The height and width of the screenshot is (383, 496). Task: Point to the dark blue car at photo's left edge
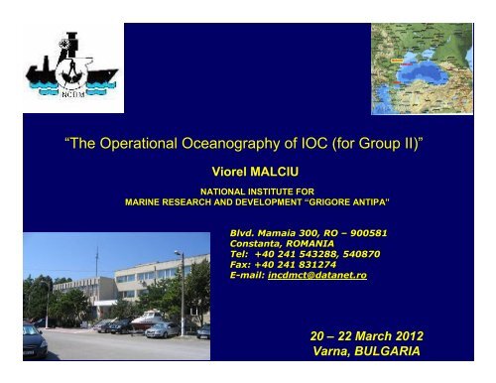33,340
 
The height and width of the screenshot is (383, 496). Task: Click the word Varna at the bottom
331,352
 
